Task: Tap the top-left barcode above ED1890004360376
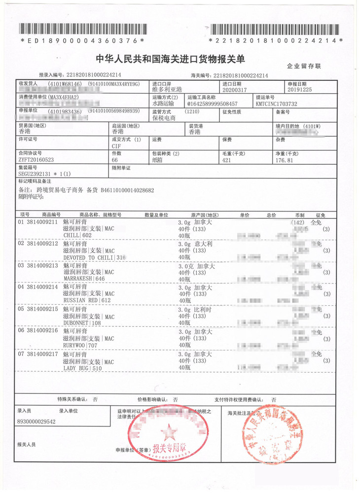point(83,30)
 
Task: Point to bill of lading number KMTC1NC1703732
point(276,104)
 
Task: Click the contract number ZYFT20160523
point(36,160)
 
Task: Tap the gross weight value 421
point(227,160)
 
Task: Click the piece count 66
point(115,160)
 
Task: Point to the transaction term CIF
point(116,146)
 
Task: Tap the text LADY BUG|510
point(81,368)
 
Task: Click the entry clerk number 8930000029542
point(36,422)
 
